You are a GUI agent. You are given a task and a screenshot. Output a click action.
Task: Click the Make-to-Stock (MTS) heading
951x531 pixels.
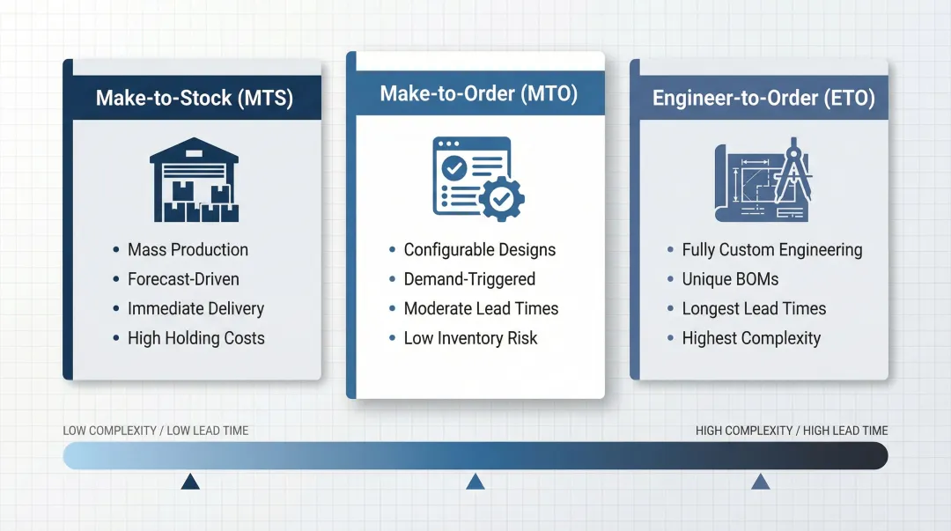[x=194, y=98]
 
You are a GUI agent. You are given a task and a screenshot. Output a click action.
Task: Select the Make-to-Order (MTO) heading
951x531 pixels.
[x=478, y=93]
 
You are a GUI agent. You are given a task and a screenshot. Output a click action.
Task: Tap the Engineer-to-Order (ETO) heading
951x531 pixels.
[x=763, y=98]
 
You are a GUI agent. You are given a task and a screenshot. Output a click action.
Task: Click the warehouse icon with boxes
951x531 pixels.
[x=194, y=180]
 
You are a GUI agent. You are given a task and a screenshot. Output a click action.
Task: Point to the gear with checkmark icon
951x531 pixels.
[x=501, y=199]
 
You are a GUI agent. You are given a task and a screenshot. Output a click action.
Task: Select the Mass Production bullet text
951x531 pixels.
[x=188, y=249]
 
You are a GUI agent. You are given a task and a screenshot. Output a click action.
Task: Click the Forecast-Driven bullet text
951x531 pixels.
[x=183, y=279]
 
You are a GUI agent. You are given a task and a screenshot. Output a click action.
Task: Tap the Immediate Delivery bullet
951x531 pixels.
[x=195, y=308]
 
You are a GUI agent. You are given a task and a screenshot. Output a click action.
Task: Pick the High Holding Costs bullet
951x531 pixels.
[x=195, y=338]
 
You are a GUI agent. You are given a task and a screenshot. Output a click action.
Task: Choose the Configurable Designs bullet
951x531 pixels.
[x=479, y=249]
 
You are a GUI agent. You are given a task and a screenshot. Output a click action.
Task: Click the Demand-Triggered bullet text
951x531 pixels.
[x=469, y=279]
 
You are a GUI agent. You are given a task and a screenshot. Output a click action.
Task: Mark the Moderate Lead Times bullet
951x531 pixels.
[x=481, y=308]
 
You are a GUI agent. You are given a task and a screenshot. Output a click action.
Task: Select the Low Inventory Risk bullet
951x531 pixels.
[x=470, y=338]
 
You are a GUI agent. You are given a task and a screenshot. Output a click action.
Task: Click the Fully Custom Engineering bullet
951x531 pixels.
[x=771, y=249]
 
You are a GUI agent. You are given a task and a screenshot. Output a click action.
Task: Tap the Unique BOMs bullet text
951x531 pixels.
[x=730, y=279]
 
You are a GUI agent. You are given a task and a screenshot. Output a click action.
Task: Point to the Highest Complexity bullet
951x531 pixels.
[x=751, y=338]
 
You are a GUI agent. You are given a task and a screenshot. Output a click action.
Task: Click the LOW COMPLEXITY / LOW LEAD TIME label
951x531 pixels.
[x=156, y=431]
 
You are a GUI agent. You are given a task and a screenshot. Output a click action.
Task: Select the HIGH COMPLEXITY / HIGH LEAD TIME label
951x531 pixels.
[x=792, y=431]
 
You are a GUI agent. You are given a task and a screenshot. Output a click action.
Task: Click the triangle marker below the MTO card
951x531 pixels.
[x=475, y=481]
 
